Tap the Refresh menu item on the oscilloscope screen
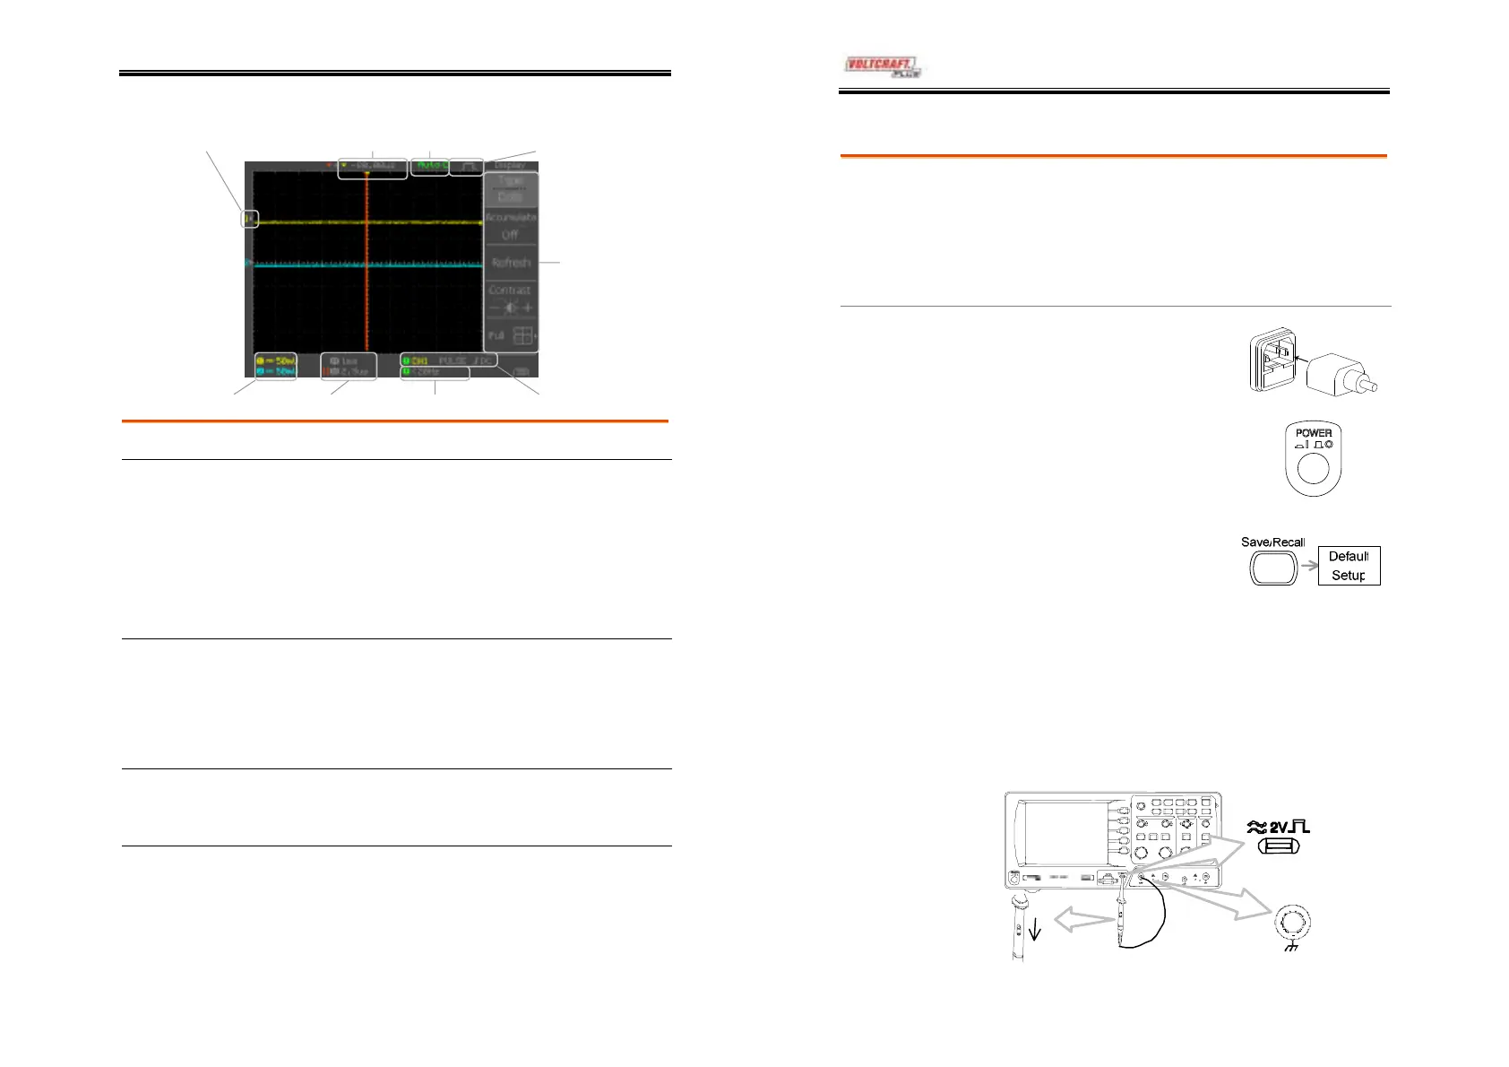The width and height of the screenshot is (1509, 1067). point(511,263)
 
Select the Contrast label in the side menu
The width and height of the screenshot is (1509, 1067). point(510,290)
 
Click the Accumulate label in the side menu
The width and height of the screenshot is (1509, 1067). point(511,217)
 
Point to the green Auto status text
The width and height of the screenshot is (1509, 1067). point(430,166)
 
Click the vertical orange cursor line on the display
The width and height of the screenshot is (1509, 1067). point(366,269)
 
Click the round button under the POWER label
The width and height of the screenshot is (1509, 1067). point(1313,468)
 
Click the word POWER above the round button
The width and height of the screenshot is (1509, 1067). point(1314,433)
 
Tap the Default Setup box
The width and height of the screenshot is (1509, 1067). point(1349,566)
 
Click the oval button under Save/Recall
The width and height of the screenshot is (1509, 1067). point(1273,567)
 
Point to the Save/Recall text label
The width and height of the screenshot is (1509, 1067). point(1272,542)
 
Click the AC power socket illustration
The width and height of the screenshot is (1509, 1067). point(1272,360)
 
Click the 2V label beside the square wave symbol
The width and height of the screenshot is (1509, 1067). point(1279,827)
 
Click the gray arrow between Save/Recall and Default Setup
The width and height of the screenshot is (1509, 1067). point(1308,566)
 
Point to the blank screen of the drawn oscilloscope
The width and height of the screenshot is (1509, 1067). point(1066,834)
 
